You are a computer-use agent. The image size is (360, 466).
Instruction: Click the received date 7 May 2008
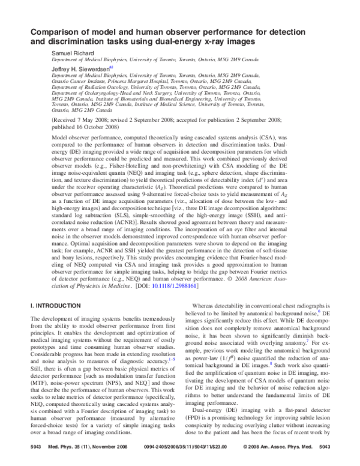click(x=92, y=120)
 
